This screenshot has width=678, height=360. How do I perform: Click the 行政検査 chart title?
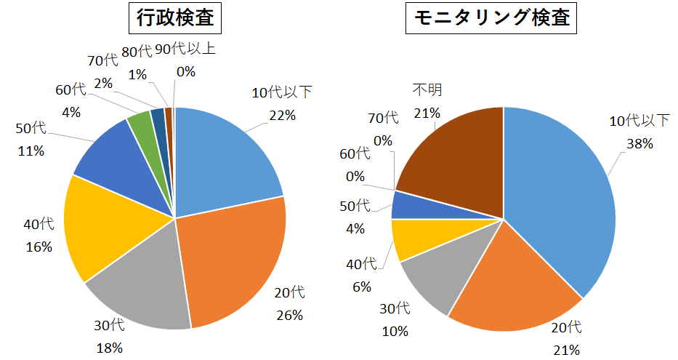click(x=175, y=18)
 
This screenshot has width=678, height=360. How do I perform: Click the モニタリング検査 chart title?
click(x=491, y=18)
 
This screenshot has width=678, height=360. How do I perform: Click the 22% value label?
click(x=282, y=115)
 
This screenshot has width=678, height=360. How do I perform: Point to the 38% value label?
click(x=639, y=144)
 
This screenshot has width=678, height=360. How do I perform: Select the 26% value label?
click(x=289, y=316)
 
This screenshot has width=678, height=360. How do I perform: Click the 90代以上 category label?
click(x=185, y=50)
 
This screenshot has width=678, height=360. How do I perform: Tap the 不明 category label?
click(x=427, y=89)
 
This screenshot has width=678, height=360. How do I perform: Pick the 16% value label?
click(x=38, y=247)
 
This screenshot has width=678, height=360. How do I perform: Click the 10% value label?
click(x=394, y=331)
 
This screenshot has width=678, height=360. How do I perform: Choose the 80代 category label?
click(x=137, y=52)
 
